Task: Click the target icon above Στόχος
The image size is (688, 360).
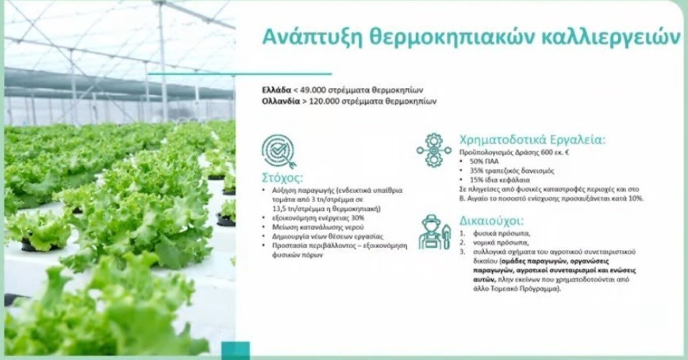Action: [x=279, y=151]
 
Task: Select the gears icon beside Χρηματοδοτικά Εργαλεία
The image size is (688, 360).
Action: [x=434, y=150]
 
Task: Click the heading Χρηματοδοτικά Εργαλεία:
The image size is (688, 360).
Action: [x=532, y=140]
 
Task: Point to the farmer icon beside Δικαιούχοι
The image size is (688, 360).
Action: [x=434, y=232]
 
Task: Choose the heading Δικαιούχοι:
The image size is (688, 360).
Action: [x=491, y=221]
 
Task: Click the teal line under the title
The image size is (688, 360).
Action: [x=240, y=74]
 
